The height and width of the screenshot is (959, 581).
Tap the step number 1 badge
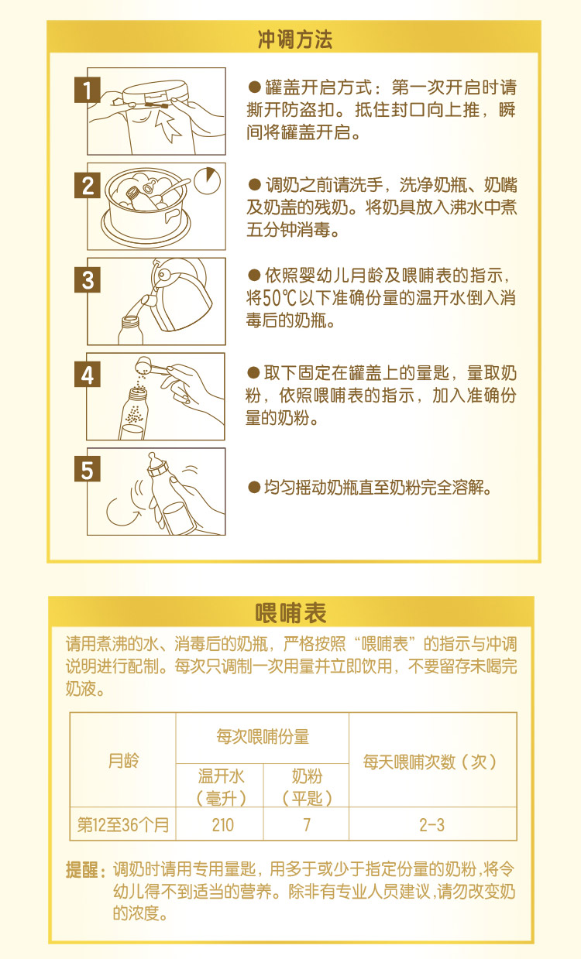click(88, 91)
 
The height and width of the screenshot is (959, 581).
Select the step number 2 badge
click(88, 186)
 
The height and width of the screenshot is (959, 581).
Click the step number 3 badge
click(88, 279)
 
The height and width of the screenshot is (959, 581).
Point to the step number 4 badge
click(88, 375)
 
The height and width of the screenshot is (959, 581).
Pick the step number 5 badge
click(88, 470)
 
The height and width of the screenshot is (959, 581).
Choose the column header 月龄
click(123, 761)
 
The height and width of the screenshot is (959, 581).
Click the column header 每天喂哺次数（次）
click(431, 761)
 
